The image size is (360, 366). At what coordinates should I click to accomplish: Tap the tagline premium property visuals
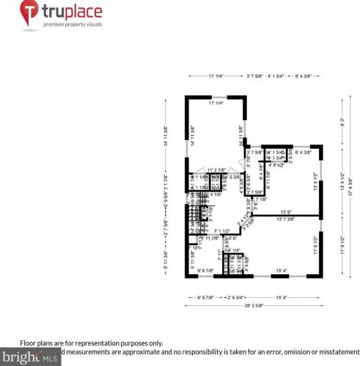[73, 25]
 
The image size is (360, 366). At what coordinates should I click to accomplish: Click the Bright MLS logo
[32, 358]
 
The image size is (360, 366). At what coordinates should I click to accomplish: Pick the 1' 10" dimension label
[197, 247]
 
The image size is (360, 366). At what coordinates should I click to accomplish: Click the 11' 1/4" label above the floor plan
[215, 76]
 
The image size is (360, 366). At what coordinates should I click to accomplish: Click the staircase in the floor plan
[200, 213]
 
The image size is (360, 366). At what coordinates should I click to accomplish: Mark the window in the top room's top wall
[217, 97]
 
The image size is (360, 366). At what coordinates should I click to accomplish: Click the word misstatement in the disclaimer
[332, 351]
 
